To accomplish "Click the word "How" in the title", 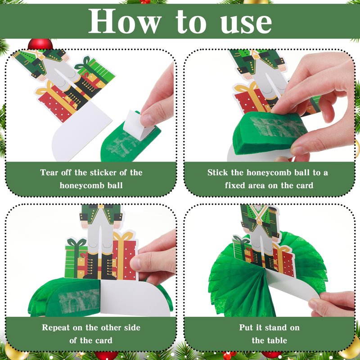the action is click(x=124, y=21).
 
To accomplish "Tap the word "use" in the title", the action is click(x=246, y=22).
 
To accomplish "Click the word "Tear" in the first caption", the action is click(x=49, y=172).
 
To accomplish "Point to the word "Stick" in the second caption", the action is click(x=218, y=172).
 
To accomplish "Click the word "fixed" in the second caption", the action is click(x=234, y=185).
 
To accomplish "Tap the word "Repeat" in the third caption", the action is click(x=55, y=328).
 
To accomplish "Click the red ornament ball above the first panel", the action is click(x=40, y=44).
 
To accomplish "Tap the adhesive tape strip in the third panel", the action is click(x=79, y=301).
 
